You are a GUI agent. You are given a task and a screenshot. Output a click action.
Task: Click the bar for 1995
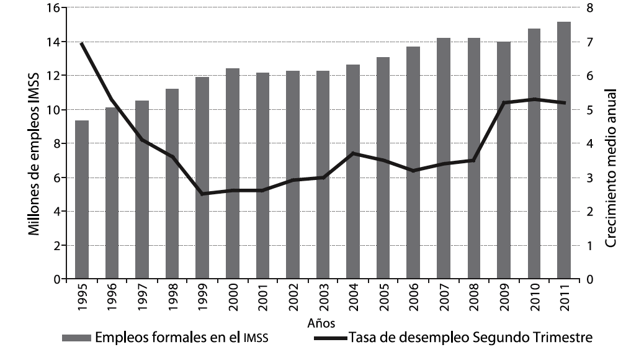coord(82,200)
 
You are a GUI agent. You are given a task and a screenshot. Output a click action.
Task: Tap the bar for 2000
coord(233,174)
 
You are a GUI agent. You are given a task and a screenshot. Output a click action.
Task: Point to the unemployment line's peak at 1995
coord(82,43)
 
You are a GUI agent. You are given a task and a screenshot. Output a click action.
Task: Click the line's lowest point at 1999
coord(202,194)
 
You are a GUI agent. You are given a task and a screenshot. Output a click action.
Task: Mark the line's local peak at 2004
coord(353,153)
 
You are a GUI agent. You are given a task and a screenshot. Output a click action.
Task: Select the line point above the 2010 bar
coord(534,99)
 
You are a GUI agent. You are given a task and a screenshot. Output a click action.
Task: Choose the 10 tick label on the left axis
coord(52,110)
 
